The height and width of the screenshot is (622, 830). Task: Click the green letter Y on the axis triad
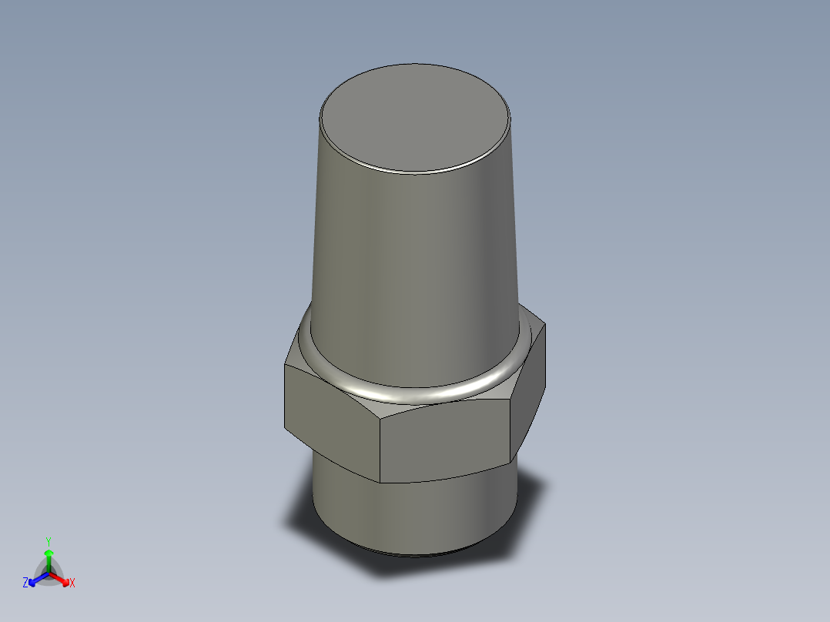coord(49,540)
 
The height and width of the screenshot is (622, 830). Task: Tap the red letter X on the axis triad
coord(72,584)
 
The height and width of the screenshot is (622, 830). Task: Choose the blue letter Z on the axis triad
coord(25,584)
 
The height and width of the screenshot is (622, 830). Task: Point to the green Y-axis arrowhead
coord(49,553)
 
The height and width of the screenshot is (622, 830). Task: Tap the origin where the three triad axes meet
coord(49,572)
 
